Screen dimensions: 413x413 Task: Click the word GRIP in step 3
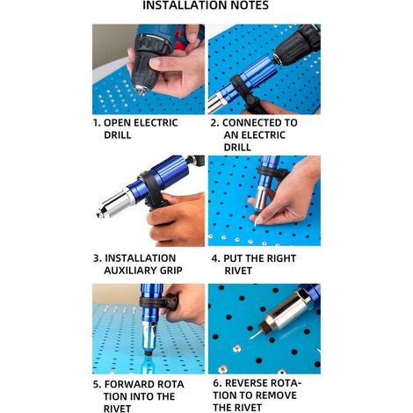coord(170,271)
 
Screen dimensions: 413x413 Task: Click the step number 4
coord(214,258)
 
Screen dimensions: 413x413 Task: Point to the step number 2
coord(214,123)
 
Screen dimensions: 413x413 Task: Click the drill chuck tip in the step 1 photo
coord(141,90)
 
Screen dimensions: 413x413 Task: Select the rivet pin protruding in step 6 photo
coord(256,334)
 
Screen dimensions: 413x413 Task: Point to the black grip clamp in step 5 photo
coord(159,302)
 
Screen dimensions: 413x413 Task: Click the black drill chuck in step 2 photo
coord(297,44)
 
